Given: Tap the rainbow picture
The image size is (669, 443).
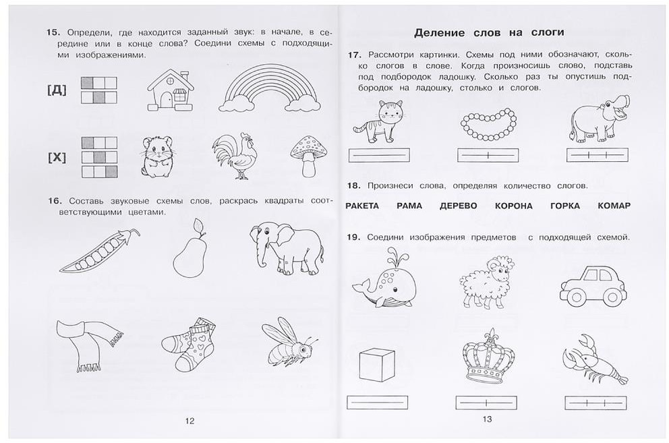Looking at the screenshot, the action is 270,88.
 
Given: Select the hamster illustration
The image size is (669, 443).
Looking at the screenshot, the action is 157,156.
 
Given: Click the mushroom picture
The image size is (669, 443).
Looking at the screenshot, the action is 308,156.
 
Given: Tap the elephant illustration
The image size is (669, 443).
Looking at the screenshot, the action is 287,249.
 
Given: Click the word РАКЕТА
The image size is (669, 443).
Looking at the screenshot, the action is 361,206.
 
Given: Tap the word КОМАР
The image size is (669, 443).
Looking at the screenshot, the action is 614,206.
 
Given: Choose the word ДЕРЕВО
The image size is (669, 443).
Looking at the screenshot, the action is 458,206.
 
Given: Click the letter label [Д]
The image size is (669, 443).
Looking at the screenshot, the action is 57,90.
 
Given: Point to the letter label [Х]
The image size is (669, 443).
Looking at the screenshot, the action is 57,158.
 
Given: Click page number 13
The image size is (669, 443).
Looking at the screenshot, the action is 487,419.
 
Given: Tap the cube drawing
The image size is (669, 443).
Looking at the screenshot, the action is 377,365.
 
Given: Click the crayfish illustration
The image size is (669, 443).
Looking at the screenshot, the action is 595,359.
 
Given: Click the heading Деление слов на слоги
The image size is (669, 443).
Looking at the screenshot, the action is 489,33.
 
